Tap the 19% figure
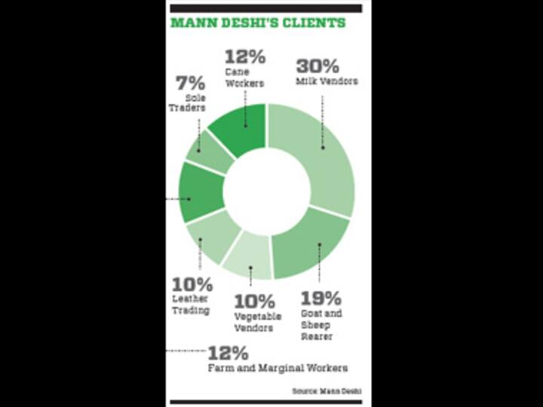(321, 298)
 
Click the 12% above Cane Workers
(244, 56)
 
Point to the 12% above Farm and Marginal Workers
(228, 352)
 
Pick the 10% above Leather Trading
(192, 286)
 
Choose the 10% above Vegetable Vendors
(254, 300)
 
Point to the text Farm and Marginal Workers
(278, 368)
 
